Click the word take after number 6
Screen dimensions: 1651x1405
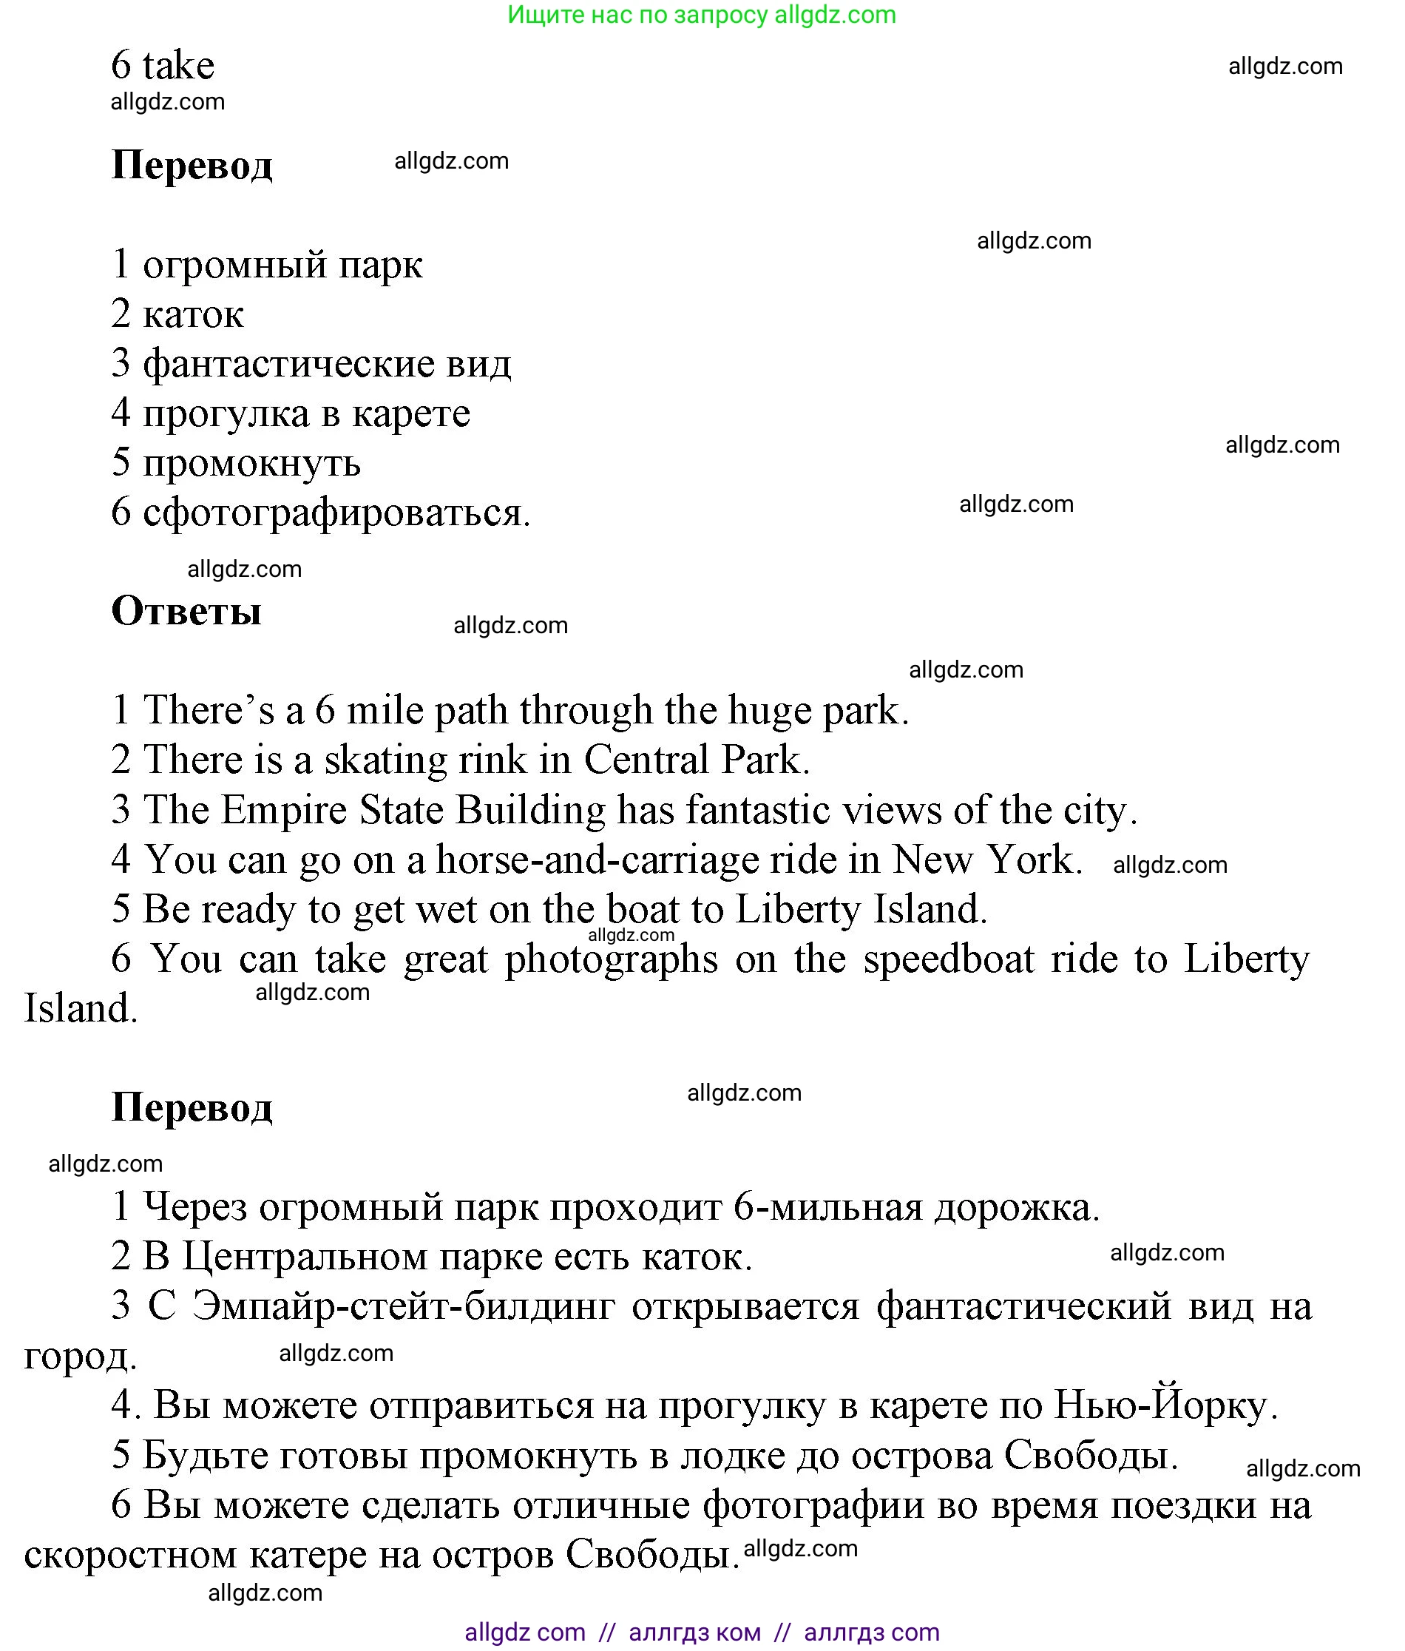coord(178,66)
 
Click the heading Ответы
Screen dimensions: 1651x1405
coord(186,612)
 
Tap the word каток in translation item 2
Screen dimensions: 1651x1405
coord(193,315)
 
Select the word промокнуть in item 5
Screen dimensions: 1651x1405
coord(251,463)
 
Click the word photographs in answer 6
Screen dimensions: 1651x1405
coord(611,960)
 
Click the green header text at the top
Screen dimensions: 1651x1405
coord(701,14)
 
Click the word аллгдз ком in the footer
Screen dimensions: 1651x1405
coord(694,1633)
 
